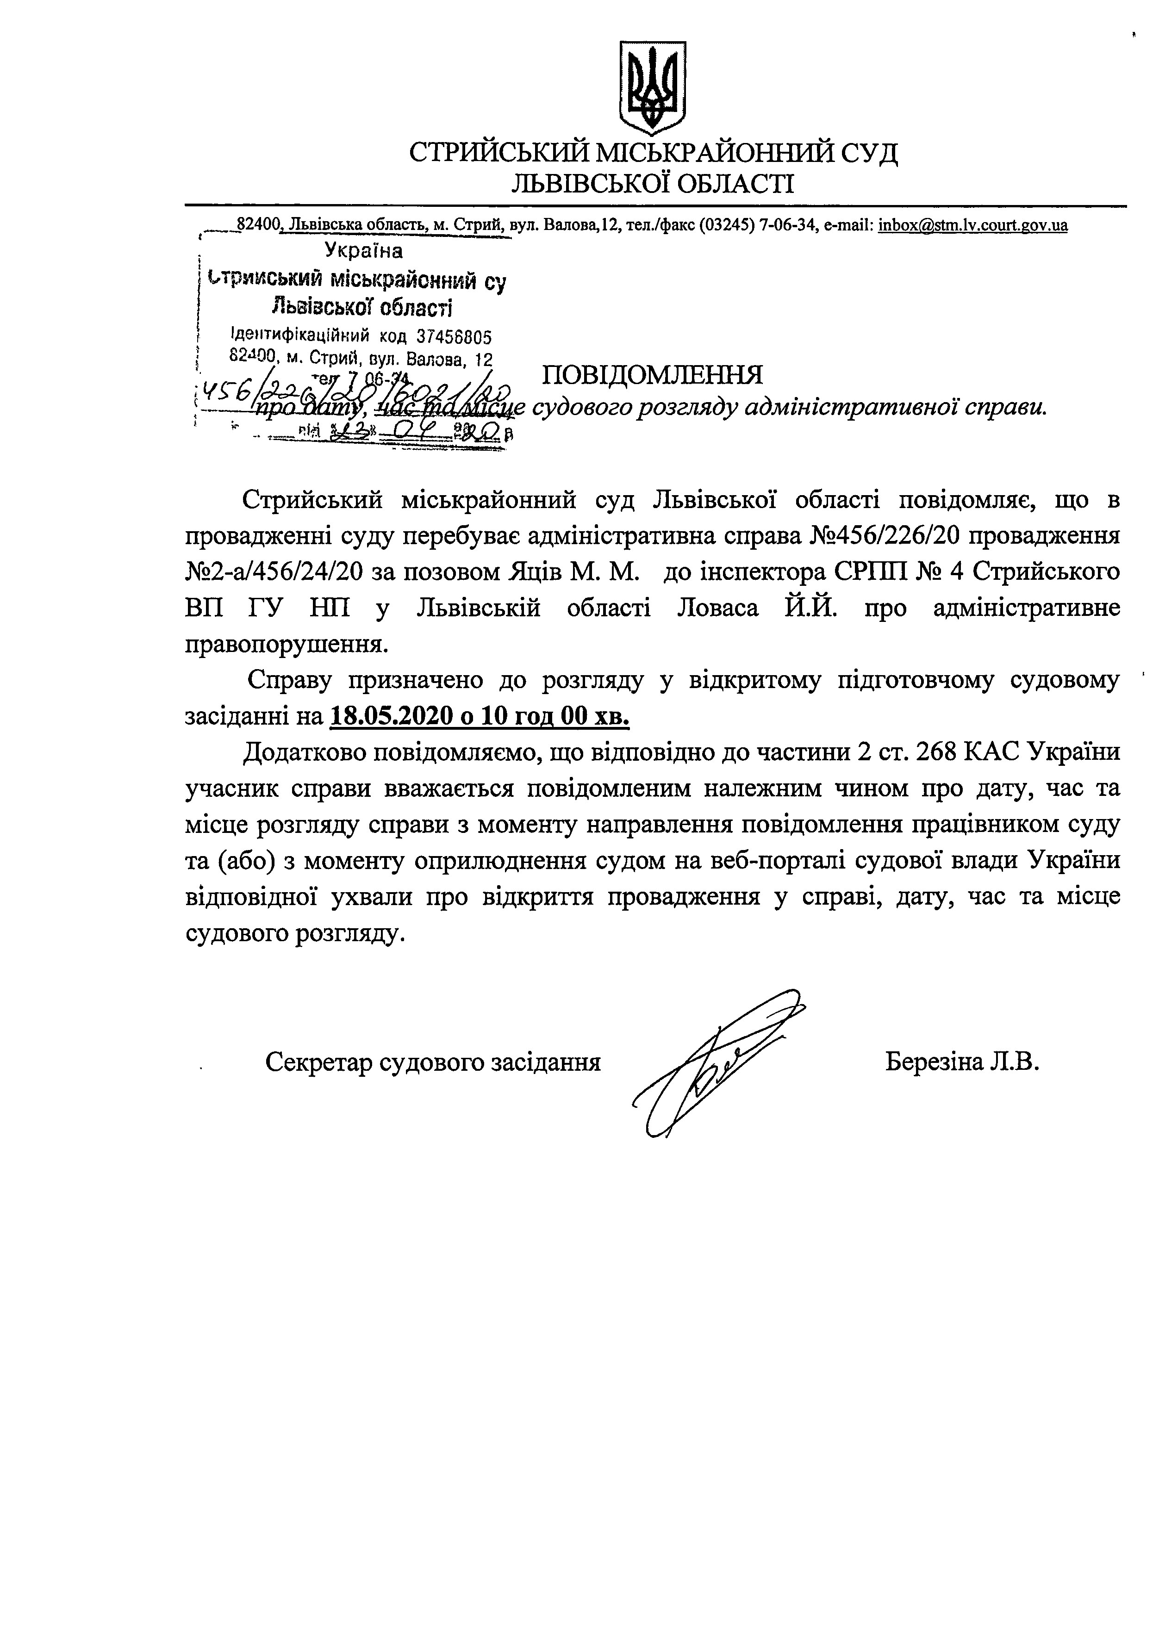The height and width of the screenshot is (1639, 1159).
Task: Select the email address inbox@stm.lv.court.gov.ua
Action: (972, 225)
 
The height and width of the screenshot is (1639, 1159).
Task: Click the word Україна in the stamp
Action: (363, 250)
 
